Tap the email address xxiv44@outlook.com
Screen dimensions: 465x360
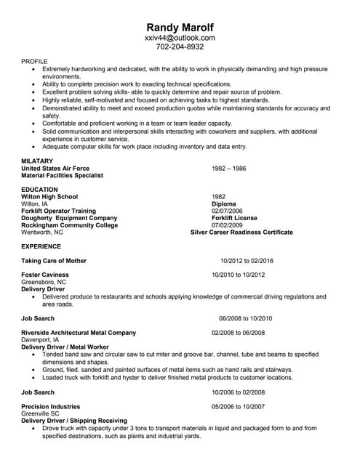[180, 37]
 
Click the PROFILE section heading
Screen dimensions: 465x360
[35, 62]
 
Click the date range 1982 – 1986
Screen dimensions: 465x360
[229, 168]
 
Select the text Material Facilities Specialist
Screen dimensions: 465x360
[63, 175]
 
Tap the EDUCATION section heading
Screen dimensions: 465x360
[39, 189]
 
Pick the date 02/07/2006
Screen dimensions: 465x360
[228, 211]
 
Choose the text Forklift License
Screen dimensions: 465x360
[234, 218]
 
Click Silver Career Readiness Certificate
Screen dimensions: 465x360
[241, 232]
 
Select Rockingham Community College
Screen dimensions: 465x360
[70, 225]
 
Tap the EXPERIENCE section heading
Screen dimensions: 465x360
[41, 246]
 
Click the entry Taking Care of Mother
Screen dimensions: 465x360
[54, 260]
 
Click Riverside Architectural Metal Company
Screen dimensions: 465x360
[79, 333]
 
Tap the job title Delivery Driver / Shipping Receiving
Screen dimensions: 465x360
[75, 421]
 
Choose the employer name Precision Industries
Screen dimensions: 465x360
[51, 406]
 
